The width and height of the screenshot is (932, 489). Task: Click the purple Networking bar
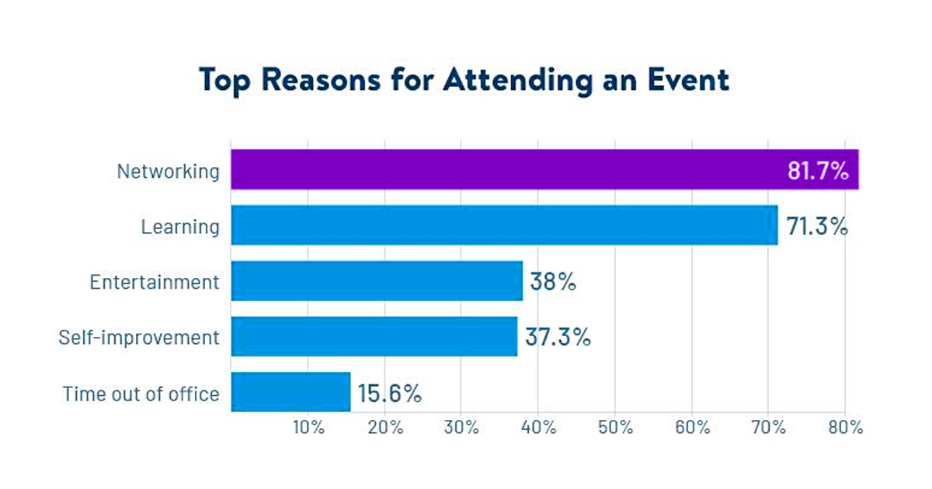click(505, 169)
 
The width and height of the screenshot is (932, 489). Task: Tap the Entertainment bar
click(377, 281)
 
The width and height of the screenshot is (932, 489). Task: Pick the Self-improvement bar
click(374, 336)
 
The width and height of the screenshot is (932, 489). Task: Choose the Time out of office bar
click(290, 392)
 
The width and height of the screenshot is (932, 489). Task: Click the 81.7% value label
click(817, 171)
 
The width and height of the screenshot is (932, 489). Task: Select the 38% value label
click(553, 282)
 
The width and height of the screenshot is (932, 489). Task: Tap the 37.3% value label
click(558, 338)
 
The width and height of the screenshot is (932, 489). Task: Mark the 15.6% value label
click(390, 394)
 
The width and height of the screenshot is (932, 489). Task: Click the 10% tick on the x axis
click(308, 428)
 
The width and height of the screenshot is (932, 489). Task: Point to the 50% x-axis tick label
click(615, 428)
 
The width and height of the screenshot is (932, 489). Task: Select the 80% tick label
click(845, 428)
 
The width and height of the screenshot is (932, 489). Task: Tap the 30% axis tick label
click(461, 428)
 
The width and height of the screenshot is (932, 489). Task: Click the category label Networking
click(168, 172)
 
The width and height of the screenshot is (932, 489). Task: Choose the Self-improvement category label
click(139, 338)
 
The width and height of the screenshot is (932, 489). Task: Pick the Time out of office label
click(141, 394)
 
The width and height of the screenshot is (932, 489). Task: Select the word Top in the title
click(224, 81)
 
